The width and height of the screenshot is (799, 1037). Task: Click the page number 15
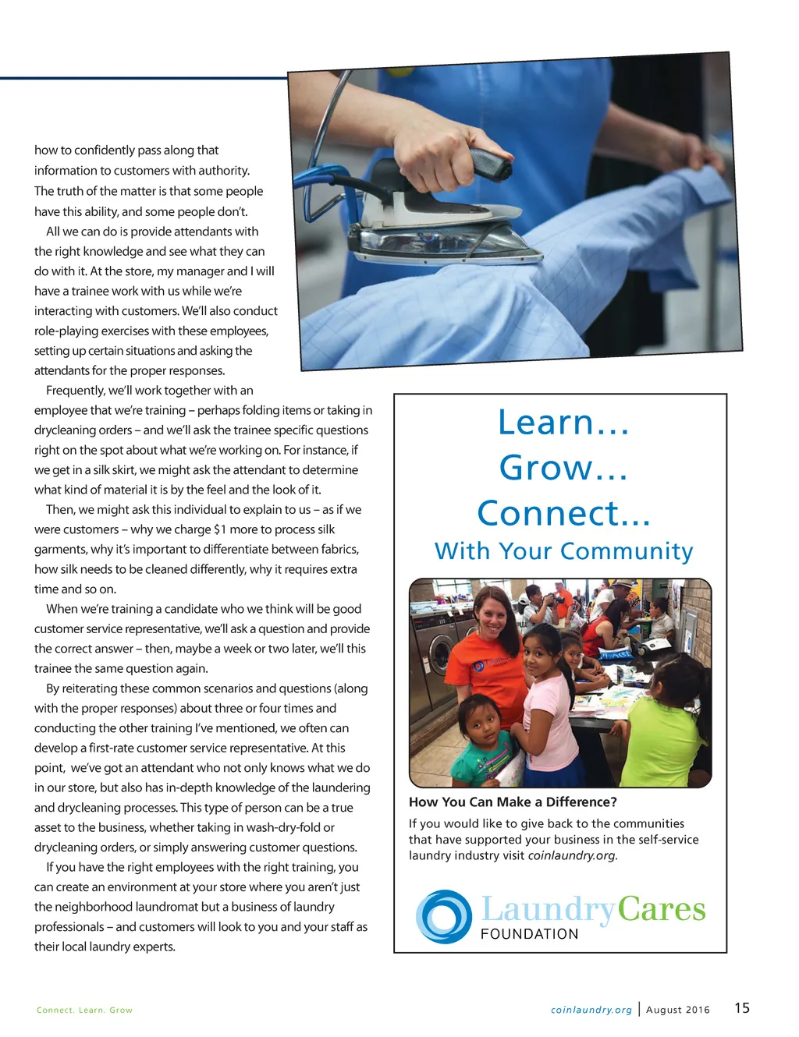tap(741, 1007)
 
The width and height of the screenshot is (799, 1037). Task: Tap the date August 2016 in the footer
tap(678, 1010)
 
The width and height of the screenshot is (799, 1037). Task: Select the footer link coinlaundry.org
tap(591, 1010)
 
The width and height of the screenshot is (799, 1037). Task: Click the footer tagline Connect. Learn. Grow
tap(84, 1010)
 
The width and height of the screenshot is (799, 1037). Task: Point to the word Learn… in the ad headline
tap(563, 423)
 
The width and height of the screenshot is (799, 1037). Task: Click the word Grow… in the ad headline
tap(563, 468)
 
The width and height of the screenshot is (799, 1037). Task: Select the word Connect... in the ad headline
tap(563, 513)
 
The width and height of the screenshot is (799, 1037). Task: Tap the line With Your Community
tap(563, 551)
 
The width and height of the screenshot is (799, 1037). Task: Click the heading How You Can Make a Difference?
tap(513, 802)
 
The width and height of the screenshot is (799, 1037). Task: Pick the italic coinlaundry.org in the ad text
tap(572, 855)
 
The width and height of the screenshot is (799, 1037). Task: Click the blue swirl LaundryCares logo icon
tap(444, 916)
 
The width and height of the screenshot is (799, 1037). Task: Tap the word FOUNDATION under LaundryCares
tap(529, 934)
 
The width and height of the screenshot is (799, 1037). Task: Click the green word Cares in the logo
tap(662, 909)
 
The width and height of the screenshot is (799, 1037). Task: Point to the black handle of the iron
tap(490, 163)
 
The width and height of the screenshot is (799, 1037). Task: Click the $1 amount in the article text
tap(219, 529)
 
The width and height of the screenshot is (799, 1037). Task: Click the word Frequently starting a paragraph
tap(76, 391)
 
